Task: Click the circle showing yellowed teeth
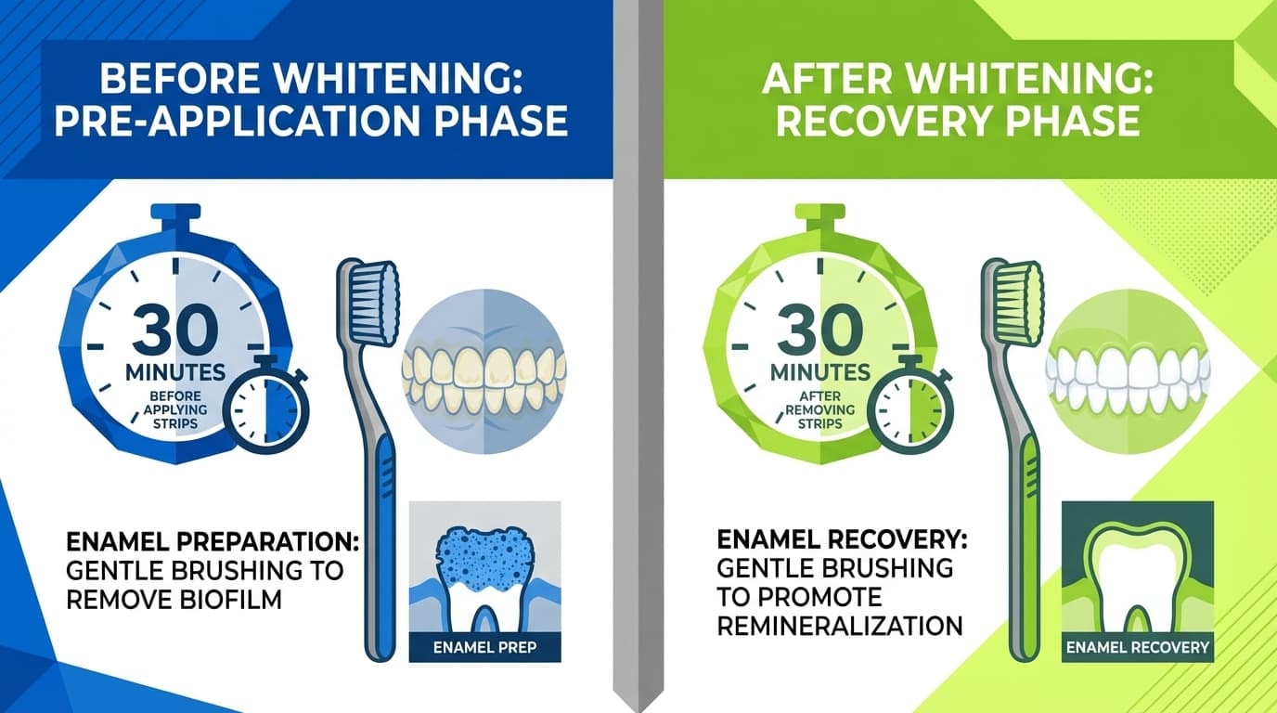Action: [x=484, y=370]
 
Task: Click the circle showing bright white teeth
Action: [x=1128, y=370]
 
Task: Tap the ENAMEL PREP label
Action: [x=484, y=647]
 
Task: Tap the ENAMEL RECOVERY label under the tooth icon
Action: [x=1137, y=647]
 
